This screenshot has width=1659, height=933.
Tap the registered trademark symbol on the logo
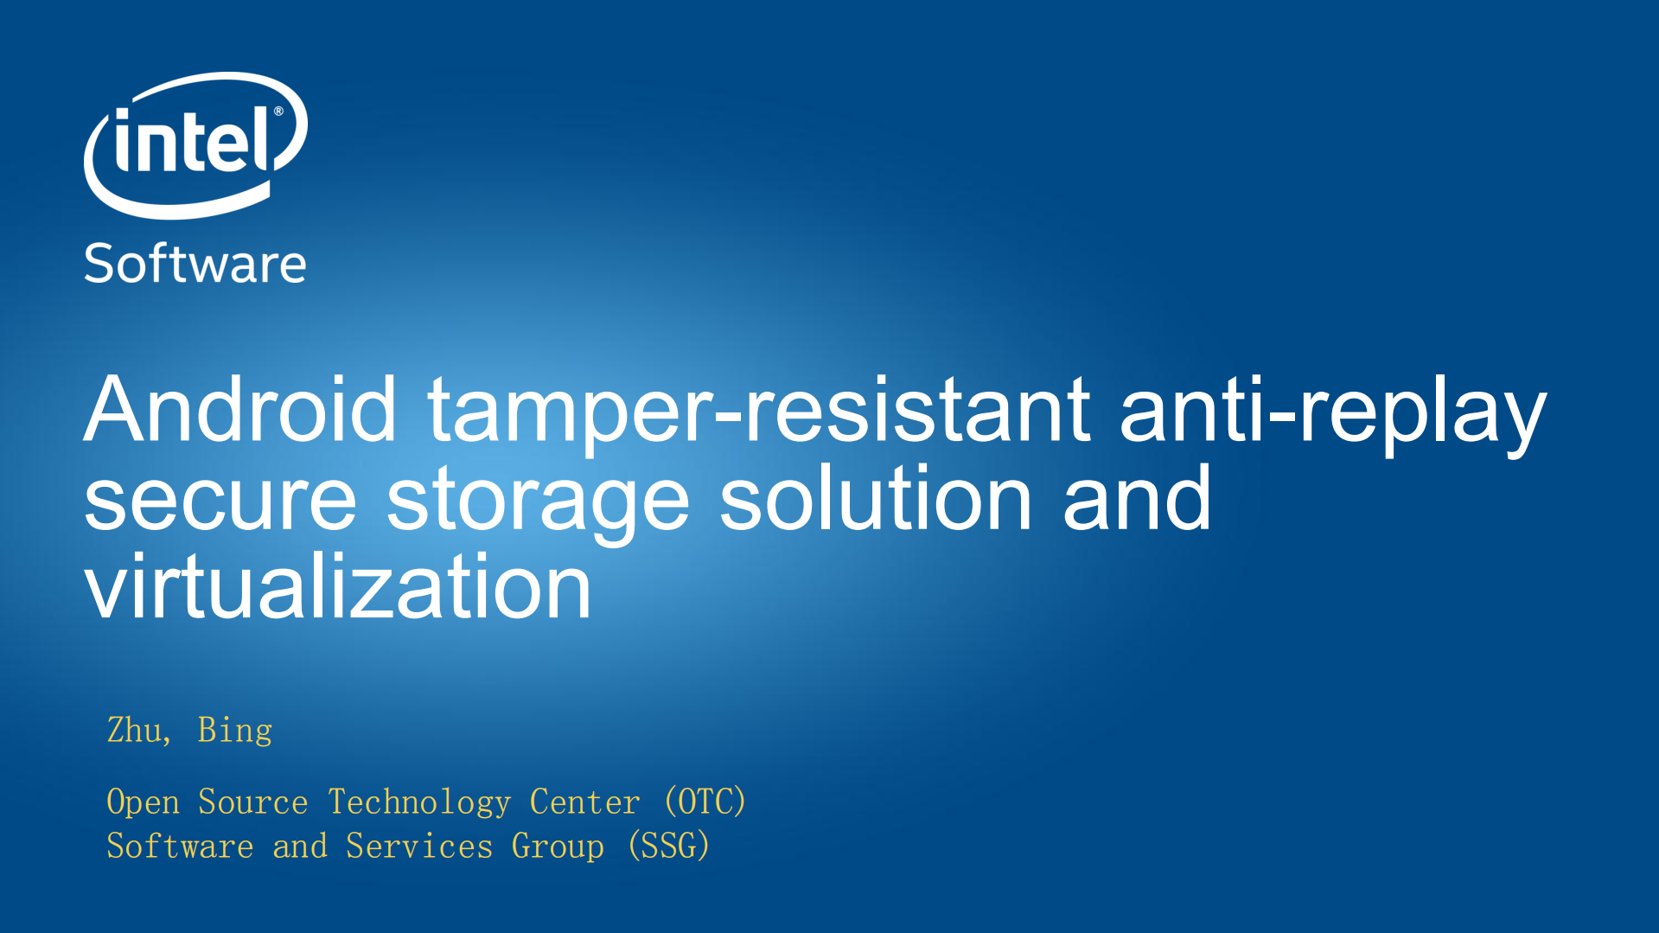coord(278,112)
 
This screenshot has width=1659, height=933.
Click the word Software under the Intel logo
coord(195,263)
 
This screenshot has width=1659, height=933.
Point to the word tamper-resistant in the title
coord(759,411)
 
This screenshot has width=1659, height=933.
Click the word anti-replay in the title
coord(1332,411)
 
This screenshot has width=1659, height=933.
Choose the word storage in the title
coord(538,502)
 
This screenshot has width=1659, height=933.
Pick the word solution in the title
coord(877,495)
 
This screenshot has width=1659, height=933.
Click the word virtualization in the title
coord(338,585)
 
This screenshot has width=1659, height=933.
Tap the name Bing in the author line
coord(235,732)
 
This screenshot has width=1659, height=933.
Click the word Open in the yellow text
coord(143,802)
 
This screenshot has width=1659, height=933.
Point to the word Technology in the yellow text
coord(420,802)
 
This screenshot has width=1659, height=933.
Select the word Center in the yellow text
coord(584,802)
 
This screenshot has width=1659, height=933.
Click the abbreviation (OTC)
coord(705,802)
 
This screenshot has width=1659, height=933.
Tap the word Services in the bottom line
coord(419,846)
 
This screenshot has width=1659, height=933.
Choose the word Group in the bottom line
coord(558,847)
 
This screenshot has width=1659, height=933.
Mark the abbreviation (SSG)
coord(668,846)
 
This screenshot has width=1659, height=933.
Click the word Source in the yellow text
coord(252,802)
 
